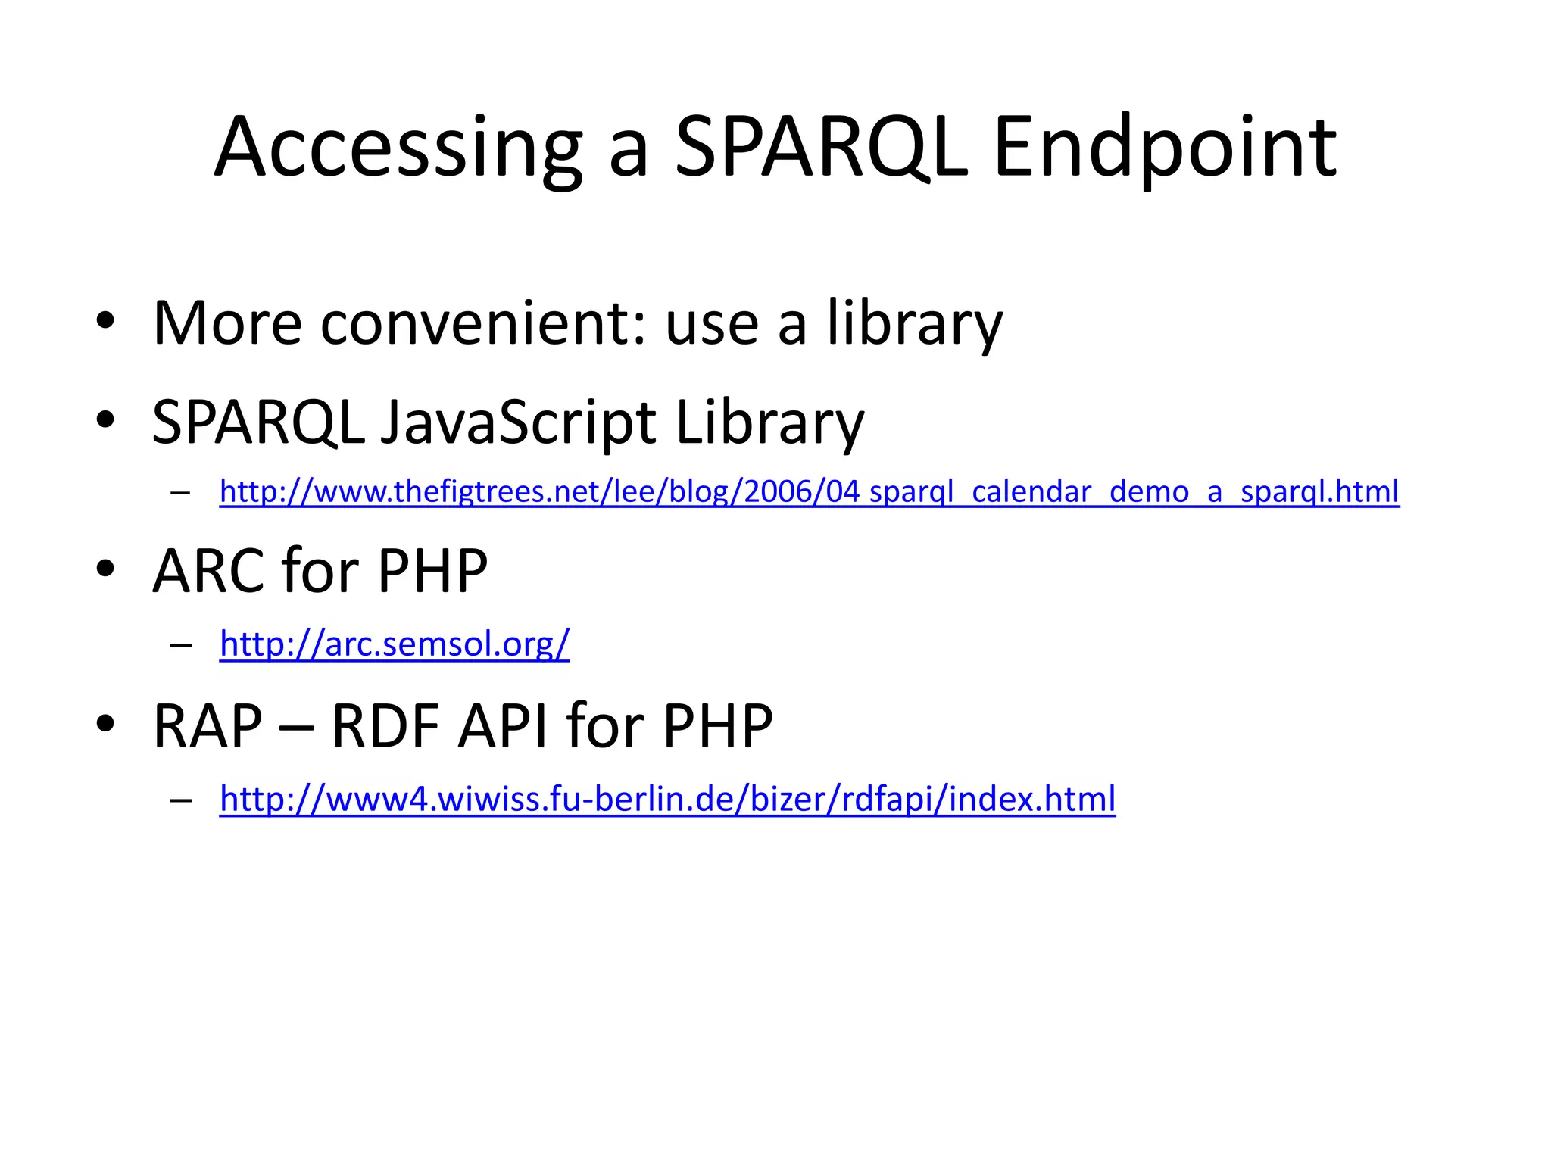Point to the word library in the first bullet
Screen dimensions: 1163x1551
914,324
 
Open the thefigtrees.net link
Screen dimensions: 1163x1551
809,492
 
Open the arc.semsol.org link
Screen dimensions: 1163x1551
395,644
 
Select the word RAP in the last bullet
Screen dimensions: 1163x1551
208,726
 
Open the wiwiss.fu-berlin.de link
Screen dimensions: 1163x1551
667,799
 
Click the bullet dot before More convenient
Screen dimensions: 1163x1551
105,321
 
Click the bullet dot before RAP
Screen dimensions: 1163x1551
105,723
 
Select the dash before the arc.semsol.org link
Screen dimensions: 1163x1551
181,646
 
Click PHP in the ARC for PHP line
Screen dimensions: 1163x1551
432,571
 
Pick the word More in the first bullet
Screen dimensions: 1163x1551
227,324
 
